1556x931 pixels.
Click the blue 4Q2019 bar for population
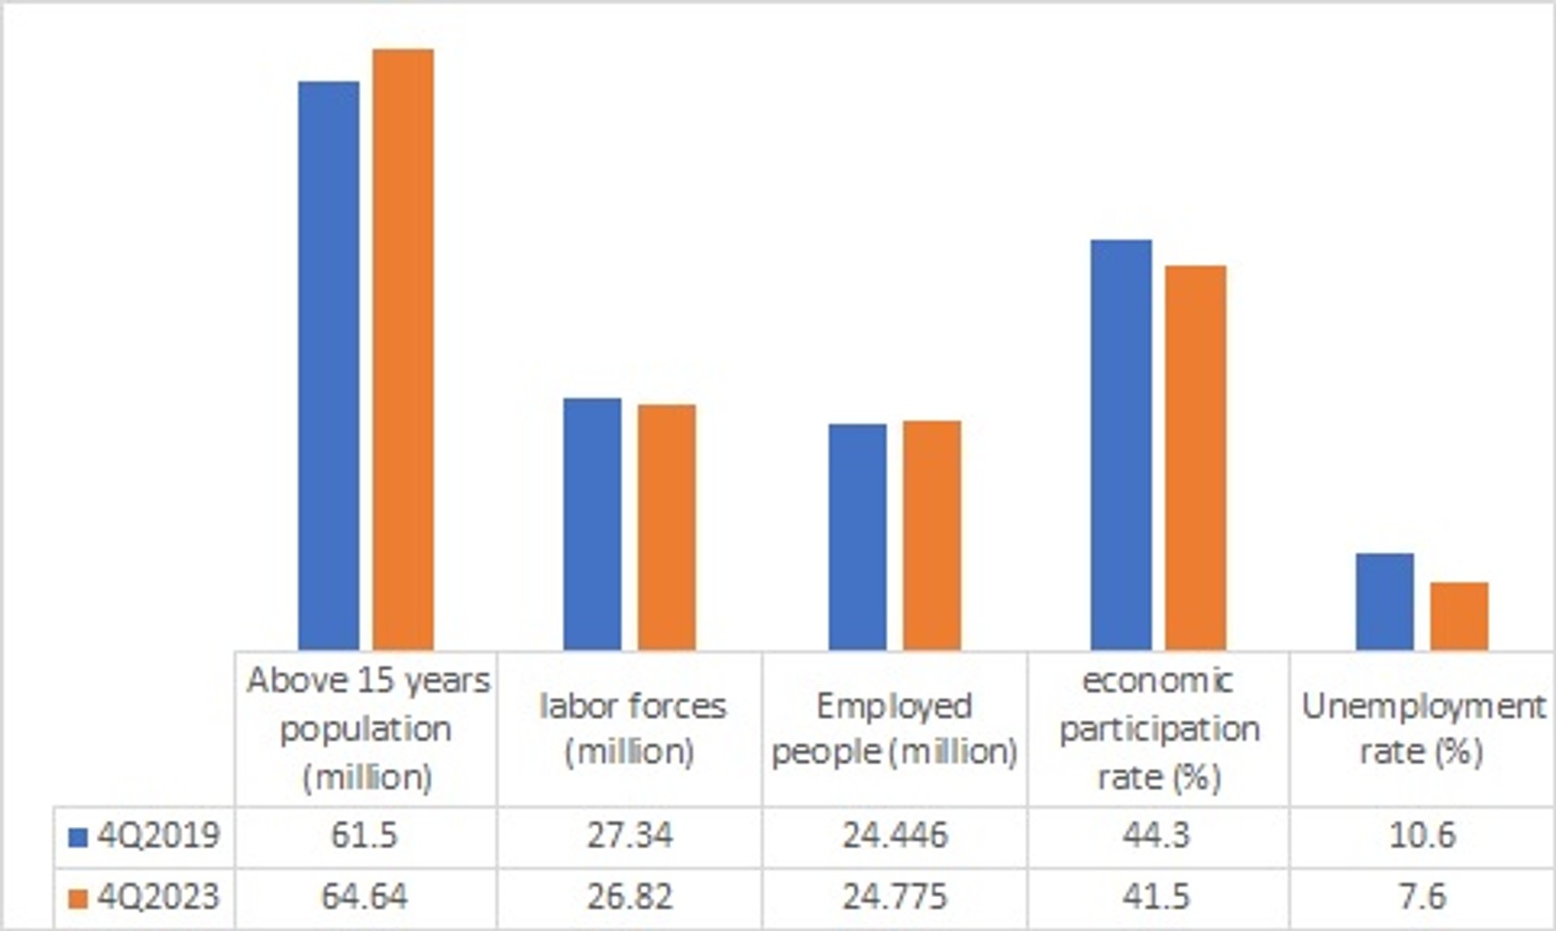pyautogui.click(x=329, y=365)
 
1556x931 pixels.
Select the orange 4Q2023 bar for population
pyautogui.click(x=404, y=349)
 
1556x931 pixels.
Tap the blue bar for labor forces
pyautogui.click(x=592, y=524)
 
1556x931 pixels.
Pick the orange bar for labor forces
pyautogui.click(x=667, y=527)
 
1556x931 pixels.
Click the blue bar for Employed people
pyautogui.click(x=858, y=536)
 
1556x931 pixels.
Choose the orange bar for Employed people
pyautogui.click(x=932, y=534)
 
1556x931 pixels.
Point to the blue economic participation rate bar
pyautogui.click(x=1121, y=444)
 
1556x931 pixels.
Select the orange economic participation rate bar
pyautogui.click(x=1195, y=457)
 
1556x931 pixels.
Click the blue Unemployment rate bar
pyautogui.click(x=1385, y=602)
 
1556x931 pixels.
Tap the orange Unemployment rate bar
pyautogui.click(x=1459, y=616)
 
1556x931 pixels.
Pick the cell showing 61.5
pyautogui.click(x=365, y=836)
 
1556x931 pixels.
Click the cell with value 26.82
pyautogui.click(x=629, y=896)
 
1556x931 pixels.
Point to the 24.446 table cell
pyautogui.click(x=895, y=836)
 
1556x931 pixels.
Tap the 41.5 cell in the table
pyautogui.click(x=1156, y=896)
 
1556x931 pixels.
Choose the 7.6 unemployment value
pyautogui.click(x=1422, y=896)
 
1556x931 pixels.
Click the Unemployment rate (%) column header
pyautogui.click(x=1422, y=728)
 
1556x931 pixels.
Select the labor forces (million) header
pyautogui.click(x=631, y=728)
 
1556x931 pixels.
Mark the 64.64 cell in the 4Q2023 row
pyautogui.click(x=365, y=896)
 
